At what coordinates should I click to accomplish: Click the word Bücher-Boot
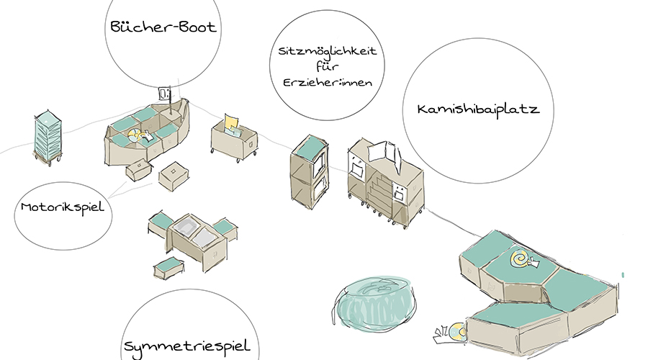click(164, 28)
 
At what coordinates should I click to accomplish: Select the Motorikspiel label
click(63, 207)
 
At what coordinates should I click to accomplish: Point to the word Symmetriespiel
click(186, 346)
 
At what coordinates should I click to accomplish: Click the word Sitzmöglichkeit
click(328, 52)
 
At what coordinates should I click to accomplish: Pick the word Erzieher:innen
click(328, 83)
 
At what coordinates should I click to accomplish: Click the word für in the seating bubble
click(327, 68)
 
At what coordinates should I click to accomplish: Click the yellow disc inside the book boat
click(135, 134)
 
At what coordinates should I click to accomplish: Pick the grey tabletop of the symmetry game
click(190, 232)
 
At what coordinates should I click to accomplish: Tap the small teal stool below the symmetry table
click(168, 267)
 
